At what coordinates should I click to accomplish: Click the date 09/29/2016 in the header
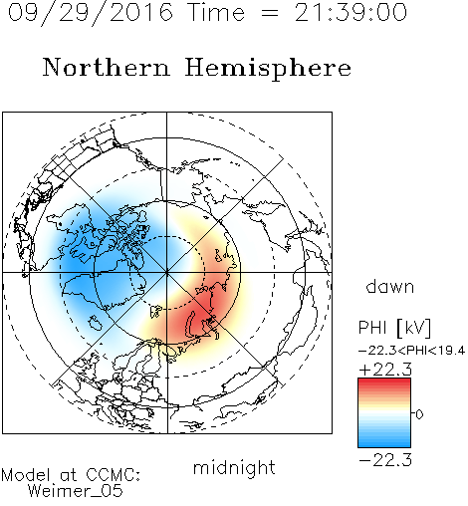(91, 13)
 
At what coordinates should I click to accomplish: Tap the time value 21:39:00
(351, 12)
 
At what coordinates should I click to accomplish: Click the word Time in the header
(216, 12)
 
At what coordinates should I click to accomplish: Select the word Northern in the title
(107, 67)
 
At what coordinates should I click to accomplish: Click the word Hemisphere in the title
(268, 69)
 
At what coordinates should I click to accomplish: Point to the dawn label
(390, 287)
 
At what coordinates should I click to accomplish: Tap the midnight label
(234, 467)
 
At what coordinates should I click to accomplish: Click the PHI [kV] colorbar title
(394, 328)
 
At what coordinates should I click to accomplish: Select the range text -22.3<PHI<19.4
(412, 351)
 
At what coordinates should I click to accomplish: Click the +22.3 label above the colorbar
(385, 370)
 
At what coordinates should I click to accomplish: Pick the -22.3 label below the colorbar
(385, 460)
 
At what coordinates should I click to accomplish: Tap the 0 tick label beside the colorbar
(419, 414)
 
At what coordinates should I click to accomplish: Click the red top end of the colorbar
(384, 380)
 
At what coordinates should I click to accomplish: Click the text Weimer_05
(76, 491)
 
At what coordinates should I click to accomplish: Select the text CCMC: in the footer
(114, 475)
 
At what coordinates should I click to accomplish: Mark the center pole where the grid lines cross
(166, 273)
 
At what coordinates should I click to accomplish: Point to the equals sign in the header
(270, 13)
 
